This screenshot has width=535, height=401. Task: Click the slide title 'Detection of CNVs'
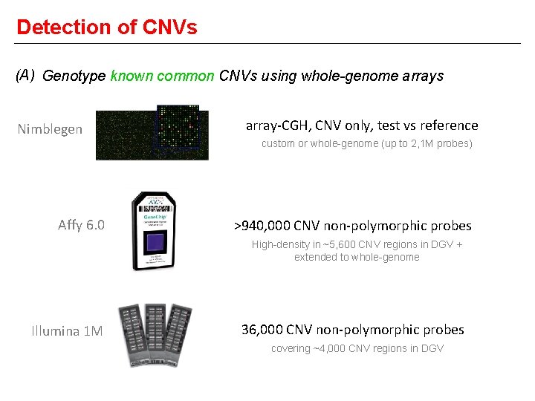click(106, 27)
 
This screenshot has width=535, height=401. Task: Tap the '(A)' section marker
click(25, 75)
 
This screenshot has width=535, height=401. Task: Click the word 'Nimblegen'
click(50, 129)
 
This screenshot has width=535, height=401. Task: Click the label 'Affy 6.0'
click(81, 225)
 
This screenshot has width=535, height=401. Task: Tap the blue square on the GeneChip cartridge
click(155, 242)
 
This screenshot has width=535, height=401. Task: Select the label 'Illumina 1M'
click(67, 331)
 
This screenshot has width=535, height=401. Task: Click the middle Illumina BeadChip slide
click(156, 334)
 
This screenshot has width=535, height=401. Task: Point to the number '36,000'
click(262, 330)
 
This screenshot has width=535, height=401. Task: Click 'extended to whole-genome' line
click(357, 257)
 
